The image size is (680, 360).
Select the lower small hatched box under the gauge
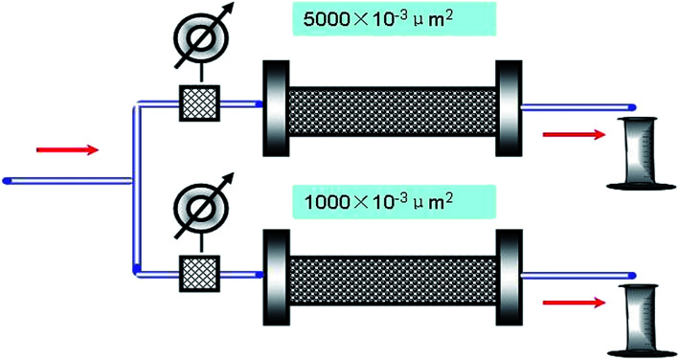(x=200, y=272)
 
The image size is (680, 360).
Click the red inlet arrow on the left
(x=66, y=148)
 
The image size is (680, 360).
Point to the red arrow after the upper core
(x=573, y=134)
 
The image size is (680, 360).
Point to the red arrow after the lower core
(x=573, y=304)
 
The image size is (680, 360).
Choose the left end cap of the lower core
(x=275, y=274)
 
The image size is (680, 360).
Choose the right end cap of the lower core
(x=508, y=274)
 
